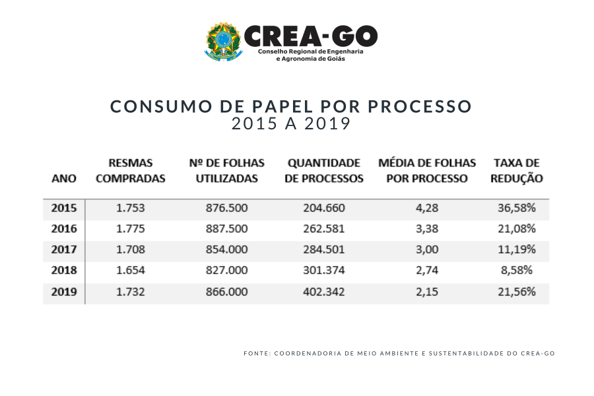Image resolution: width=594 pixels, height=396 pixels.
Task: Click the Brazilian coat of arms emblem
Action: pos(223,42)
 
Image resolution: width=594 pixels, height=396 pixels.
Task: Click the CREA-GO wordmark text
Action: pos(310,36)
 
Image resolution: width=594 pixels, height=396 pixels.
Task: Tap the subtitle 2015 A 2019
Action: pos(290,123)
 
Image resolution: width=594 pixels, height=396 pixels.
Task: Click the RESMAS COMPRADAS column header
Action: pos(130,170)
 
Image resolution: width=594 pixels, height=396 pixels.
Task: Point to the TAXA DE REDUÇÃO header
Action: pos(517,170)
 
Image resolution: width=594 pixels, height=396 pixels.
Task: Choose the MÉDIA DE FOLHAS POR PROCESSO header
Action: pos(426,170)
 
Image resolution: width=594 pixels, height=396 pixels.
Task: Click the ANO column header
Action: pos(64,178)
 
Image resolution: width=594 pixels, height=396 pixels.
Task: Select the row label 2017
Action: pos(64,249)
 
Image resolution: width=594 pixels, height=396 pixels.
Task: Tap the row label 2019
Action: pos(64,292)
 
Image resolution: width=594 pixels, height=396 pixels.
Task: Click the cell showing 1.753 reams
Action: pos(130,208)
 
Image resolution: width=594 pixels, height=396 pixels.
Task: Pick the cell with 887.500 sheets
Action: pos(226,229)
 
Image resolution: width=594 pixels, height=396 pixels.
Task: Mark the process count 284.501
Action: pos(323,249)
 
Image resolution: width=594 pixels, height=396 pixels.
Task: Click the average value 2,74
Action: pos(427,271)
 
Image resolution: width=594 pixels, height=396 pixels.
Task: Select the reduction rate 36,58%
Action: pos(516,208)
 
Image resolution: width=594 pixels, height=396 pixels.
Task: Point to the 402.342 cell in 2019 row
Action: pos(323,292)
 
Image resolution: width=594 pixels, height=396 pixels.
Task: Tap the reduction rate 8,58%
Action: pos(516,271)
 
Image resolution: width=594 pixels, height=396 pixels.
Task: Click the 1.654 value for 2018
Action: pos(130,271)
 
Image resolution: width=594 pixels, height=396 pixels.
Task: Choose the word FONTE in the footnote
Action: pos(257,354)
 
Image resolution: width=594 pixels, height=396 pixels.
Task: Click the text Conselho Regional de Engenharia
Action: pos(310,51)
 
